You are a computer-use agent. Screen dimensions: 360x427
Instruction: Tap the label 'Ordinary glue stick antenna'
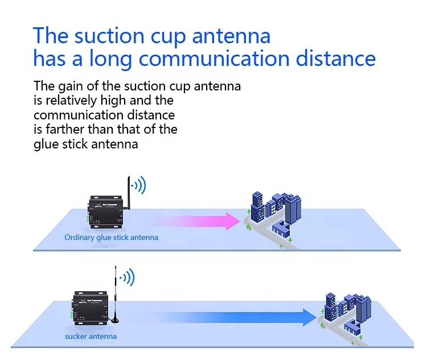(111, 237)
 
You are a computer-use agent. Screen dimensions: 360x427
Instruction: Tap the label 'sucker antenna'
(91, 336)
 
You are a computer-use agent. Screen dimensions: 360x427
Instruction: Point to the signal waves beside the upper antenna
(138, 185)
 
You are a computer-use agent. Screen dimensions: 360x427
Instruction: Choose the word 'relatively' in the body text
(70, 101)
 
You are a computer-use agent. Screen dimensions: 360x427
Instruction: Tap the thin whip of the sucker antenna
(117, 284)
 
